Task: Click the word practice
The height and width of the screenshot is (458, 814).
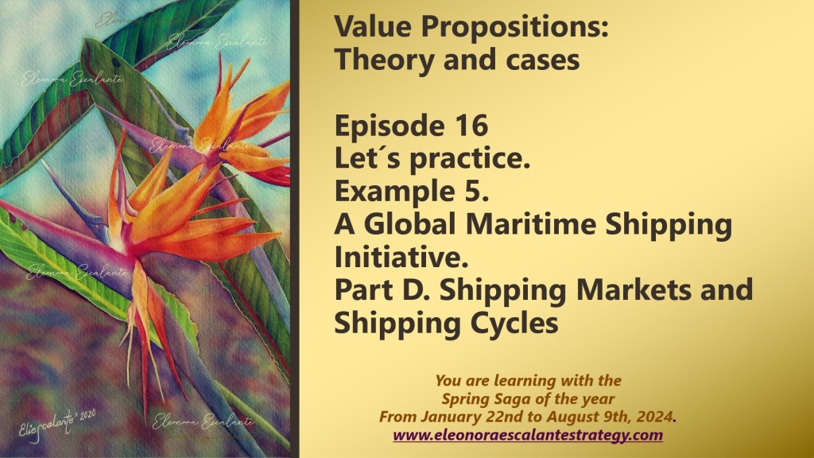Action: [x=470, y=159]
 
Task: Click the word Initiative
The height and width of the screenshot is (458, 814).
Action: [x=401, y=257]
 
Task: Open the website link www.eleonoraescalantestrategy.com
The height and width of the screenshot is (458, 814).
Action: [x=528, y=435]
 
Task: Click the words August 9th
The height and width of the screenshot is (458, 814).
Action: [x=589, y=417]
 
